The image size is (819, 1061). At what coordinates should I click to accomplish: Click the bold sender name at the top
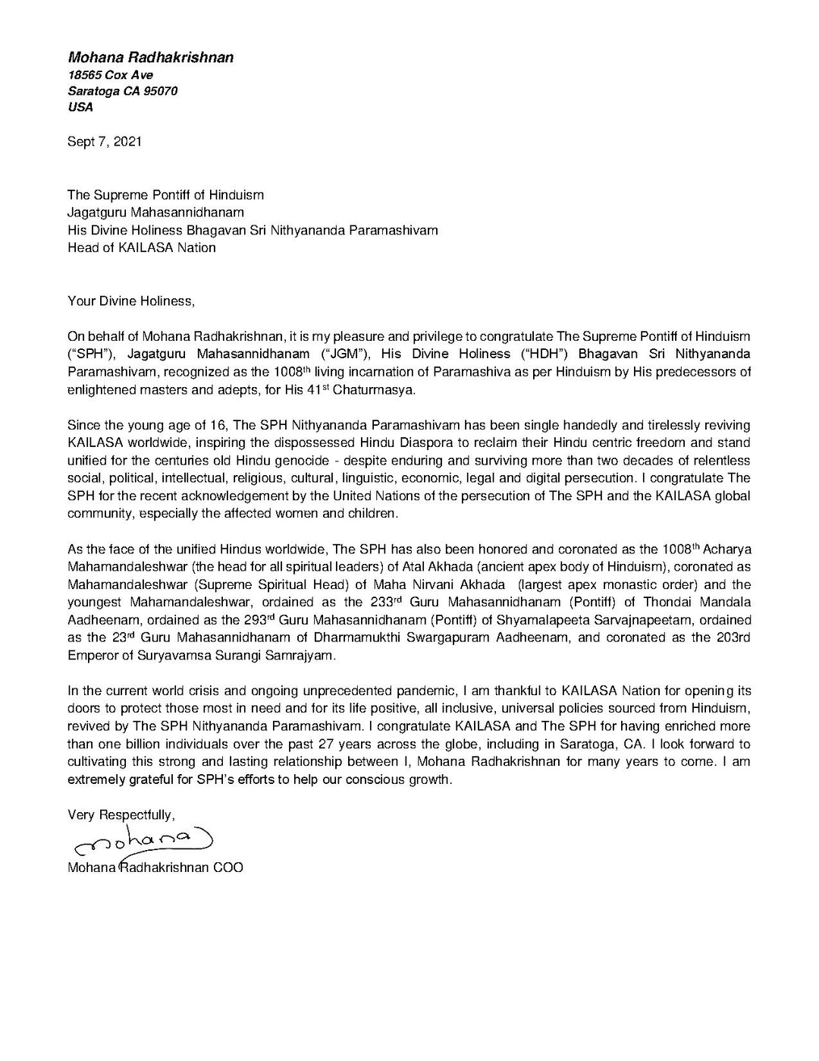(151, 58)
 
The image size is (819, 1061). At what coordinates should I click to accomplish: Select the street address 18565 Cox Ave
(111, 74)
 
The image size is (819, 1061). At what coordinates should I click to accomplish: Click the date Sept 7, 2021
(105, 142)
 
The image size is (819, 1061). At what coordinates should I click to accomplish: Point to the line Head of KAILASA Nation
(142, 247)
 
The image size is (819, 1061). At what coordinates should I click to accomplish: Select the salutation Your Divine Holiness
(131, 301)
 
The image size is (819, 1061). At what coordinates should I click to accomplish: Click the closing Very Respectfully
(121, 815)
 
